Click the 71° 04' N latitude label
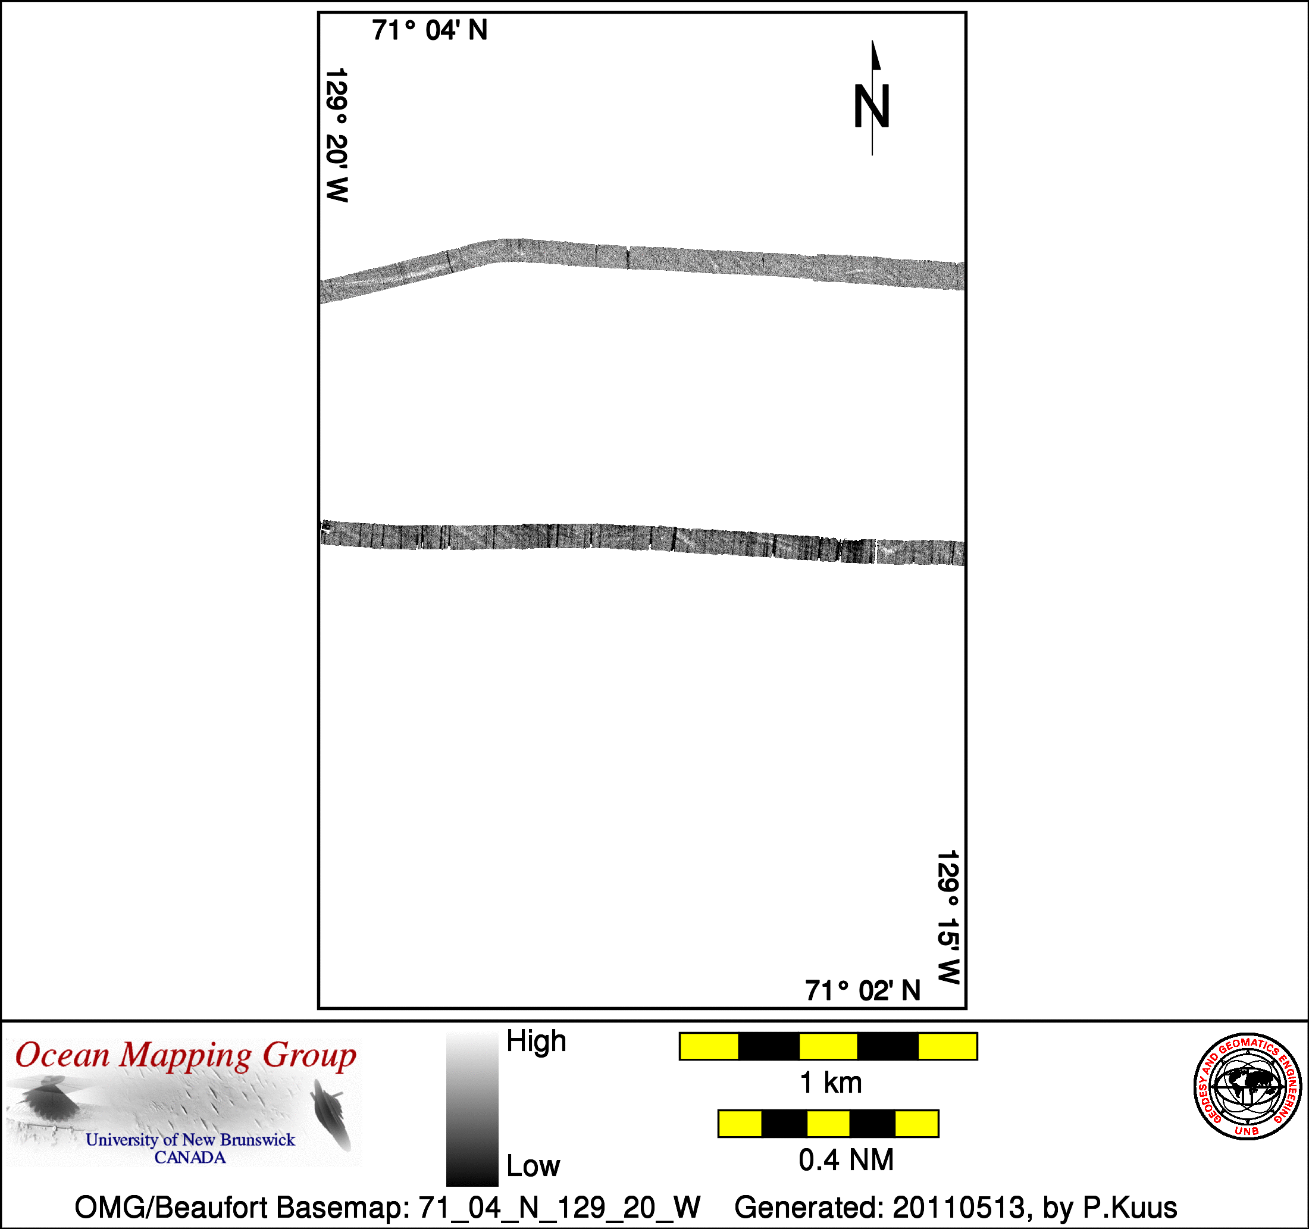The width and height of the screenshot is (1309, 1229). point(430,30)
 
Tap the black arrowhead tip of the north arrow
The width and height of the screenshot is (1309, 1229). point(873,41)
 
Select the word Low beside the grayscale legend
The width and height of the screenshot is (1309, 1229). point(533,1166)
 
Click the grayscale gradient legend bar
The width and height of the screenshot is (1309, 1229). point(472,1110)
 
